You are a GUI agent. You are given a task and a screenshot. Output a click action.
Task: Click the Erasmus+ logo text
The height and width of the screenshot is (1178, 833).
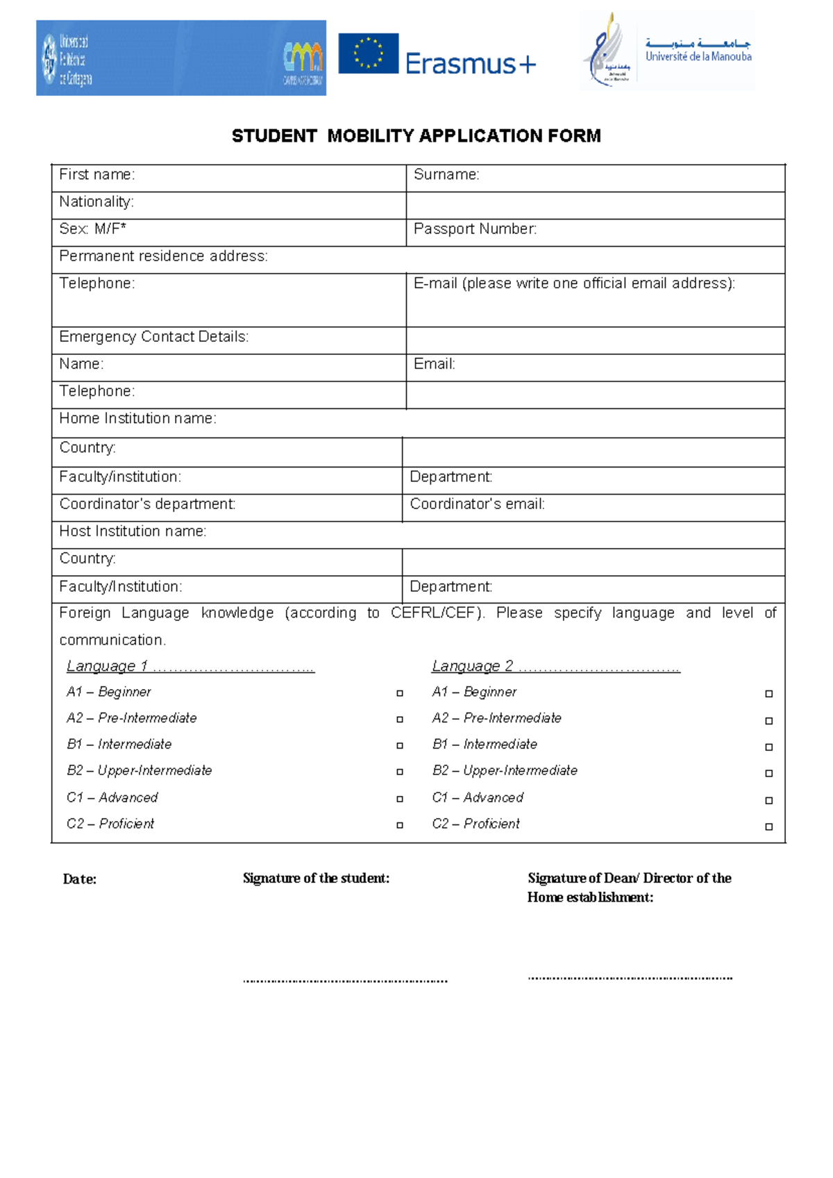click(470, 64)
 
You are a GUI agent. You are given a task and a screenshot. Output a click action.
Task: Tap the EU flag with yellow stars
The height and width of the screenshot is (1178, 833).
click(368, 53)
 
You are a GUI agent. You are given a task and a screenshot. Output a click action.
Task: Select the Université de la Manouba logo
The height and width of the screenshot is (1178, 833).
click(666, 51)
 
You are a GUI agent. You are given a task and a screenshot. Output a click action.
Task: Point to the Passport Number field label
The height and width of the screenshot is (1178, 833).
click(475, 229)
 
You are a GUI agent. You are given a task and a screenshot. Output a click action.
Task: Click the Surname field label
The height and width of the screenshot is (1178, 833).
click(446, 175)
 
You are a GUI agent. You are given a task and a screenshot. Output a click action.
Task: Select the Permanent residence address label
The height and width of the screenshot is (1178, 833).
click(163, 256)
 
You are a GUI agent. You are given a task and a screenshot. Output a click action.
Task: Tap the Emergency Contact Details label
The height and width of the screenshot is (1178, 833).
click(153, 337)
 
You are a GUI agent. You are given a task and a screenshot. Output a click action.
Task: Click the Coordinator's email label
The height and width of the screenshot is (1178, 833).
click(477, 504)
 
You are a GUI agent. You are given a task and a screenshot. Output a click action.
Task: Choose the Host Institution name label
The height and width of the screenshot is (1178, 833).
click(133, 531)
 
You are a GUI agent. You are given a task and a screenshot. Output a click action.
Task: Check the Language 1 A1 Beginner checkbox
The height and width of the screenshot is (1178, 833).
click(400, 693)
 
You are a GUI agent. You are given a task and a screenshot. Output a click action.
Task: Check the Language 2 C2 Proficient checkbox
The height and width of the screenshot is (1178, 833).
click(768, 827)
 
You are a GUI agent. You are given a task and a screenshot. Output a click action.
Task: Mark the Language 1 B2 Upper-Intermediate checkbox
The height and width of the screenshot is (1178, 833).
click(400, 772)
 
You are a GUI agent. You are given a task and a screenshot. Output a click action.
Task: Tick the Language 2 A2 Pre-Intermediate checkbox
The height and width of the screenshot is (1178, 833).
click(768, 721)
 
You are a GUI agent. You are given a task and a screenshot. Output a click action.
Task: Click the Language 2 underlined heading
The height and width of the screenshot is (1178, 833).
click(555, 666)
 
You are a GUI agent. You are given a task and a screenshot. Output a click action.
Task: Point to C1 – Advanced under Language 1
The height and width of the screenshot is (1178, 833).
click(112, 797)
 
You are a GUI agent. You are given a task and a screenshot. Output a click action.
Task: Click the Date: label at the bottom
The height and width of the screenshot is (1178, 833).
click(80, 879)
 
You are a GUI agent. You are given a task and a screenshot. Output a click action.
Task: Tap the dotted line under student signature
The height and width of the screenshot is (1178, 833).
click(345, 981)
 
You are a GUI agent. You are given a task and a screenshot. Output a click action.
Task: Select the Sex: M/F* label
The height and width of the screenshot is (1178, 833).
click(92, 229)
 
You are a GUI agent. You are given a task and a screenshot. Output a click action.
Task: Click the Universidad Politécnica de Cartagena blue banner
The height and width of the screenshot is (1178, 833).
click(180, 58)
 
